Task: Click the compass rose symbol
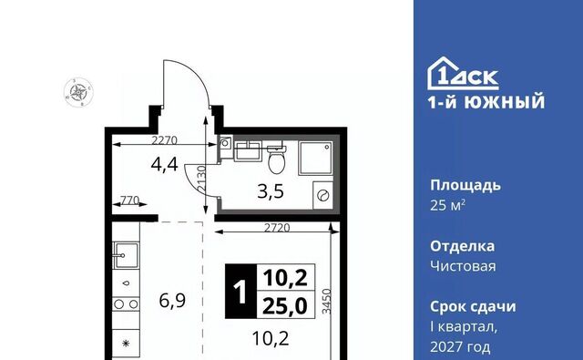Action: (78, 92)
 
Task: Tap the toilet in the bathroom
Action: (277, 159)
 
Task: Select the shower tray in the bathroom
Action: (316, 158)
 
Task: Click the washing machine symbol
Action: (322, 195)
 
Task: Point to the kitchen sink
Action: (127, 255)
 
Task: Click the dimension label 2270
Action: (164, 140)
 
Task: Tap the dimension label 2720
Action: (277, 227)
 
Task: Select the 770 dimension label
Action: (129, 201)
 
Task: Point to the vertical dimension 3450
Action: (326, 302)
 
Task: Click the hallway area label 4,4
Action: (164, 164)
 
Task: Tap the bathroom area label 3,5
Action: (271, 192)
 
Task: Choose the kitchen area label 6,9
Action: (172, 301)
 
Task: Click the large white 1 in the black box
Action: (240, 292)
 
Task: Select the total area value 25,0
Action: (285, 306)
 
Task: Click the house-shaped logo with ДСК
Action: (463, 74)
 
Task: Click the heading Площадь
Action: (465, 185)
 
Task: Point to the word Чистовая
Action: (463, 266)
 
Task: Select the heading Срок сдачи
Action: (473, 306)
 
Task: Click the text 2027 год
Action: (460, 347)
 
